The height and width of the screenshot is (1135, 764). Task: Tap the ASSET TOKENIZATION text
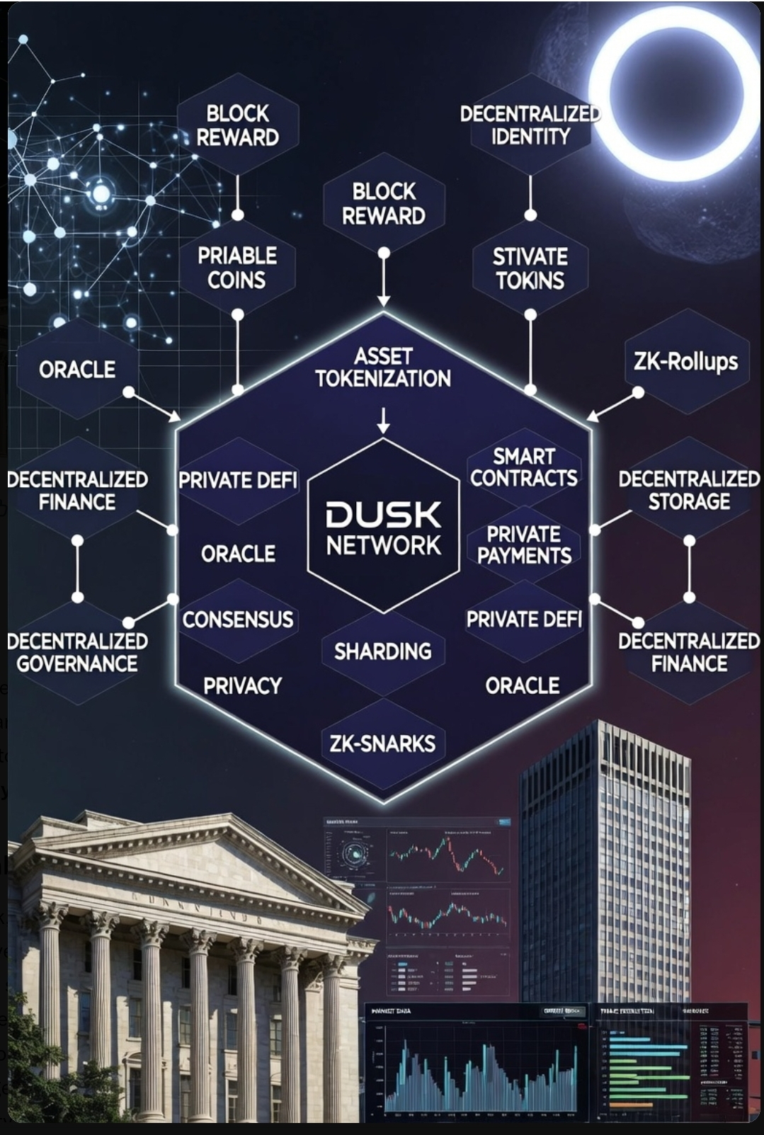click(x=383, y=367)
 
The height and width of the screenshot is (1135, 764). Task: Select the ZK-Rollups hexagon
click(x=685, y=362)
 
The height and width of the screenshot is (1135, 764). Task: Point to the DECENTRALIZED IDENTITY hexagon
click(x=530, y=125)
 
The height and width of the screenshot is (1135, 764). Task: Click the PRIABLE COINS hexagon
click(x=237, y=267)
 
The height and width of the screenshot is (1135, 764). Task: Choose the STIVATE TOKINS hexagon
click(x=530, y=268)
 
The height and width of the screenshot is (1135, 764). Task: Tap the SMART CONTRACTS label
click(x=524, y=467)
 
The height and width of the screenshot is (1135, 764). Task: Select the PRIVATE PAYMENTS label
click(x=524, y=544)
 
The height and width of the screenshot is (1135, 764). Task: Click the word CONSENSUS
click(x=237, y=620)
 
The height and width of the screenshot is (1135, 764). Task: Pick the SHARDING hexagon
click(x=383, y=651)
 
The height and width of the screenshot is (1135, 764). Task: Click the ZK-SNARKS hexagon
click(x=383, y=743)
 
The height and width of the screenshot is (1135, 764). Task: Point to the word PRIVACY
click(x=242, y=685)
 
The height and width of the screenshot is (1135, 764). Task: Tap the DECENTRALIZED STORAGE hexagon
click(x=689, y=490)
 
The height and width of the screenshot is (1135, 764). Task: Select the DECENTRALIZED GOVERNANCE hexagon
click(x=77, y=652)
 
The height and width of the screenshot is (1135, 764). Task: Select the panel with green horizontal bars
click(x=669, y=1062)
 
